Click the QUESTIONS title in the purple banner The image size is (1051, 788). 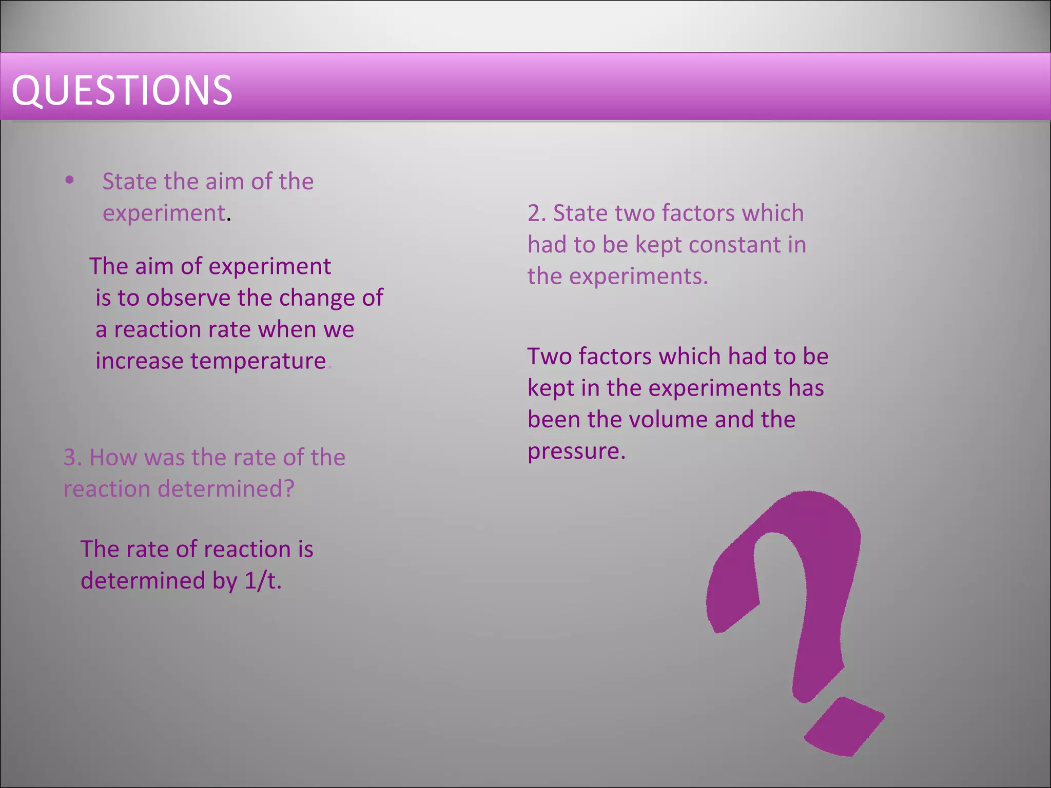coord(122,90)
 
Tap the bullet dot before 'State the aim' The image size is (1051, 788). coord(70,180)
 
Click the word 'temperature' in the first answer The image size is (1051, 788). coord(258,361)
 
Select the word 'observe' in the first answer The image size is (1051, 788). coord(188,298)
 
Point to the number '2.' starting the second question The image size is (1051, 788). coord(536,213)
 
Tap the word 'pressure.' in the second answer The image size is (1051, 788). coord(576,451)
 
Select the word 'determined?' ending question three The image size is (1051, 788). coord(226,489)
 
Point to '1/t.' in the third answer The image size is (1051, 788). coord(263,581)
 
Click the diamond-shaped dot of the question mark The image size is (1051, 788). coord(844,726)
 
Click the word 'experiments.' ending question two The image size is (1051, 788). coord(638,277)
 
